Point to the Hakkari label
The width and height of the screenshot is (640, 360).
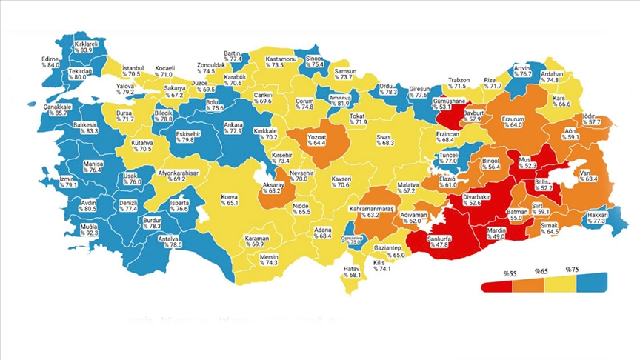pos(597,217)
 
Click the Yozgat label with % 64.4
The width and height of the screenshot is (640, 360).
pos(319,139)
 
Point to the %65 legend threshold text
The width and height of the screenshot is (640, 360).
pos(540,273)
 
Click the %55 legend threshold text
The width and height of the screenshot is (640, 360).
pos(510,273)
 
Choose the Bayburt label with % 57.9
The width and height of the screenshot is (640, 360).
pos(473,116)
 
